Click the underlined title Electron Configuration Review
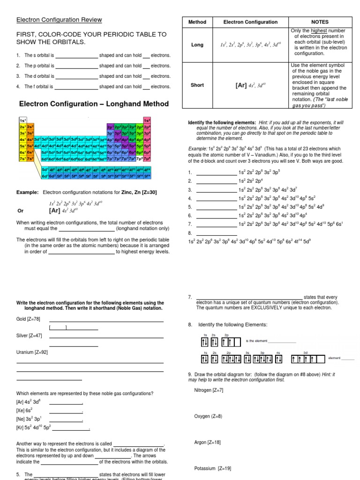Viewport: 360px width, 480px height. (59, 20)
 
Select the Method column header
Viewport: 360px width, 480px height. (197, 22)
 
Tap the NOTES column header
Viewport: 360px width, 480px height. (320, 22)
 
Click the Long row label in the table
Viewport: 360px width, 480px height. (197, 45)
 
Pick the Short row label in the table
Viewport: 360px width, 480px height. (197, 85)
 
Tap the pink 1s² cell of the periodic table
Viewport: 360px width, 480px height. (147, 120)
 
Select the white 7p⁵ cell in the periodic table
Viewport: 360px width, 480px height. (139, 159)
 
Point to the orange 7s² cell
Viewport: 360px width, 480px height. (30, 159)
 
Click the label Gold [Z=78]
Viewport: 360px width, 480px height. (28, 319)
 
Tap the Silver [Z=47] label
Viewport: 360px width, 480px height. (29, 336)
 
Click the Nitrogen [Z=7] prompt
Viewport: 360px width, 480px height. (209, 390)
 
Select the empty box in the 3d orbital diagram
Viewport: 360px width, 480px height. (320, 359)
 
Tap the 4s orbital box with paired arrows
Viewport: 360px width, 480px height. (278, 359)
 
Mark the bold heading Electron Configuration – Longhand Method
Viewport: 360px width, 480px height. (94, 104)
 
